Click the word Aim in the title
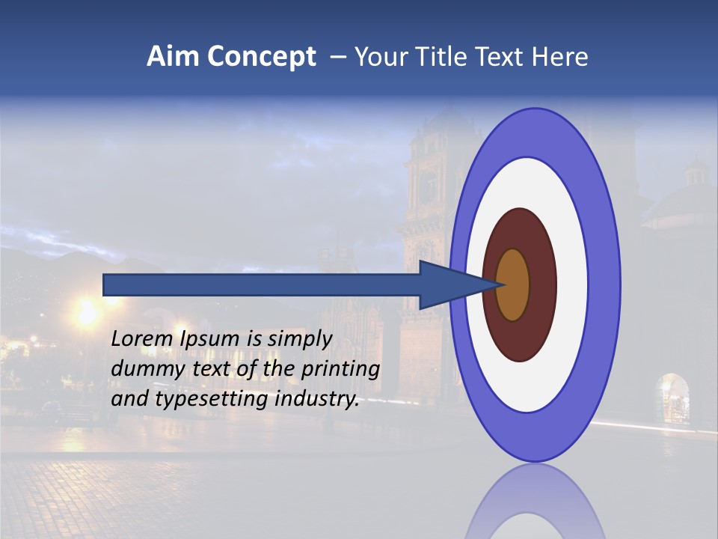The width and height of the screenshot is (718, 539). (174, 57)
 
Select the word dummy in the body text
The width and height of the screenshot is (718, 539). (144, 369)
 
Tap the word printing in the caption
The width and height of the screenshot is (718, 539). (340, 370)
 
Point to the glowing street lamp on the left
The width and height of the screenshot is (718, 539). (87, 311)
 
